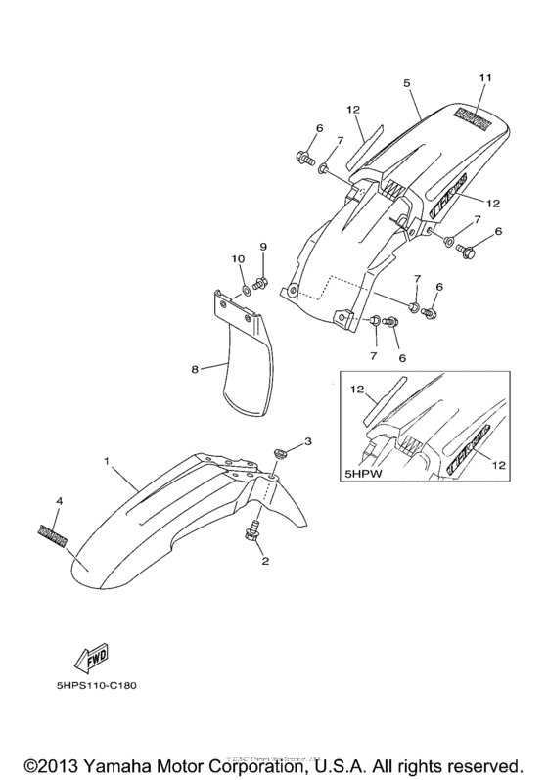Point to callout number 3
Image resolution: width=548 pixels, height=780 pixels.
308,443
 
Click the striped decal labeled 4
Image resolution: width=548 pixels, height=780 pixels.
52,532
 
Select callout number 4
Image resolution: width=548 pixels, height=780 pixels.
60,501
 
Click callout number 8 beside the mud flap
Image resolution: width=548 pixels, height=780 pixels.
194,369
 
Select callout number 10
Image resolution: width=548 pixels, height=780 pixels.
237,258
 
